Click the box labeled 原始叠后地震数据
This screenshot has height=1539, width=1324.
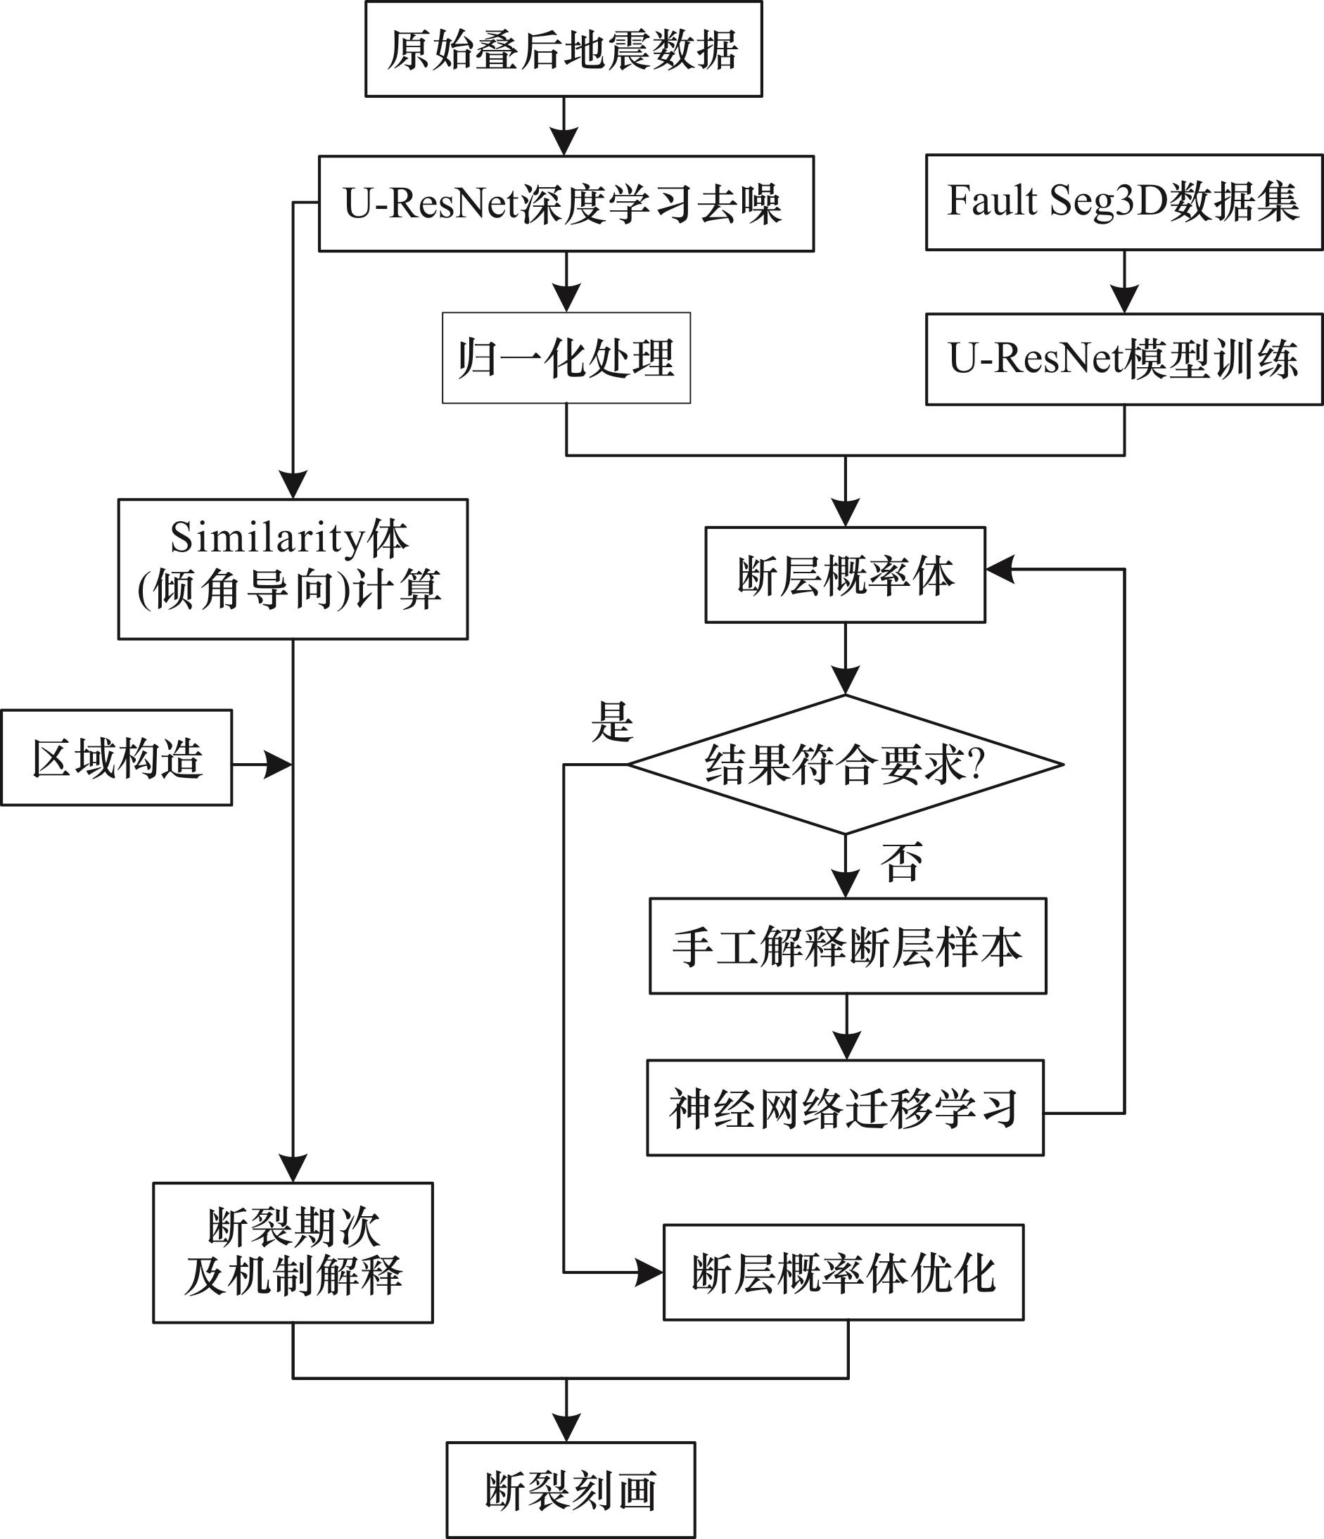[x=564, y=49]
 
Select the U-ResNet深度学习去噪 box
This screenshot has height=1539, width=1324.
[x=566, y=203]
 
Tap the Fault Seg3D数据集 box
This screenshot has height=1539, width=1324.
[x=1124, y=202]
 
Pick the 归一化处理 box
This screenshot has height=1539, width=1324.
[x=566, y=358]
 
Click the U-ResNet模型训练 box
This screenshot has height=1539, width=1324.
[x=1124, y=359]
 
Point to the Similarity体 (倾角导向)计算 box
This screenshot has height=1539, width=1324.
[x=293, y=569]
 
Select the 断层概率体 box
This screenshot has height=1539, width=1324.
[x=845, y=575]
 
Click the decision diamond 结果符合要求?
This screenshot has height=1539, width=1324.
[x=845, y=765]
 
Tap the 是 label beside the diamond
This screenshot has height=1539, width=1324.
[x=612, y=722]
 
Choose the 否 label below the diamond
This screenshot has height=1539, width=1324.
[x=902, y=862]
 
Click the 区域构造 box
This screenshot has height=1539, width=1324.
[x=117, y=758]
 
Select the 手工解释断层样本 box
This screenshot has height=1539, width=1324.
[x=848, y=946]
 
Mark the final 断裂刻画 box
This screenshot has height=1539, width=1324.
[x=571, y=1490]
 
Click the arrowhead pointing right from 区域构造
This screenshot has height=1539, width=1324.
[x=279, y=765]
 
